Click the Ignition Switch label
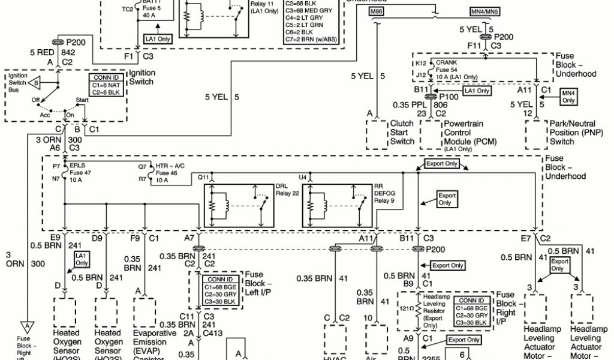point(143,77)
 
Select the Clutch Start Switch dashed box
point(377,134)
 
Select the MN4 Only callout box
point(568,96)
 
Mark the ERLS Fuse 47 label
point(80,170)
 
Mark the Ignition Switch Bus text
point(17,83)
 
